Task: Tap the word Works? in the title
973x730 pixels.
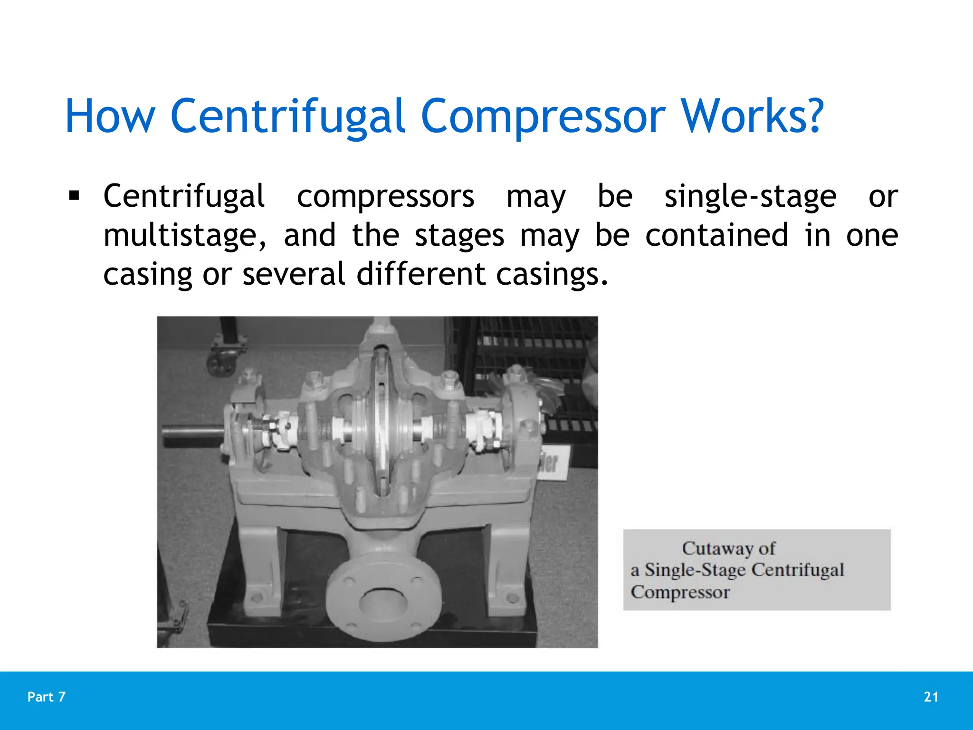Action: click(752, 116)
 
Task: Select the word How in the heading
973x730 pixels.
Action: click(110, 116)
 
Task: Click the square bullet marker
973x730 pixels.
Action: click(74, 195)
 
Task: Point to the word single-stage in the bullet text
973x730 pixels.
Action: click(750, 196)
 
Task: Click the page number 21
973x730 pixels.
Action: click(931, 697)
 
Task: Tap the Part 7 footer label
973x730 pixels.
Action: click(47, 697)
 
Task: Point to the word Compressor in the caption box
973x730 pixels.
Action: click(680, 592)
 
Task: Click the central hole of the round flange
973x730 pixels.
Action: click(383, 603)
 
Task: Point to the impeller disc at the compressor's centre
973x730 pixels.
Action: click(380, 418)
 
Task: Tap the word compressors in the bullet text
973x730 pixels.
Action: click(385, 196)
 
